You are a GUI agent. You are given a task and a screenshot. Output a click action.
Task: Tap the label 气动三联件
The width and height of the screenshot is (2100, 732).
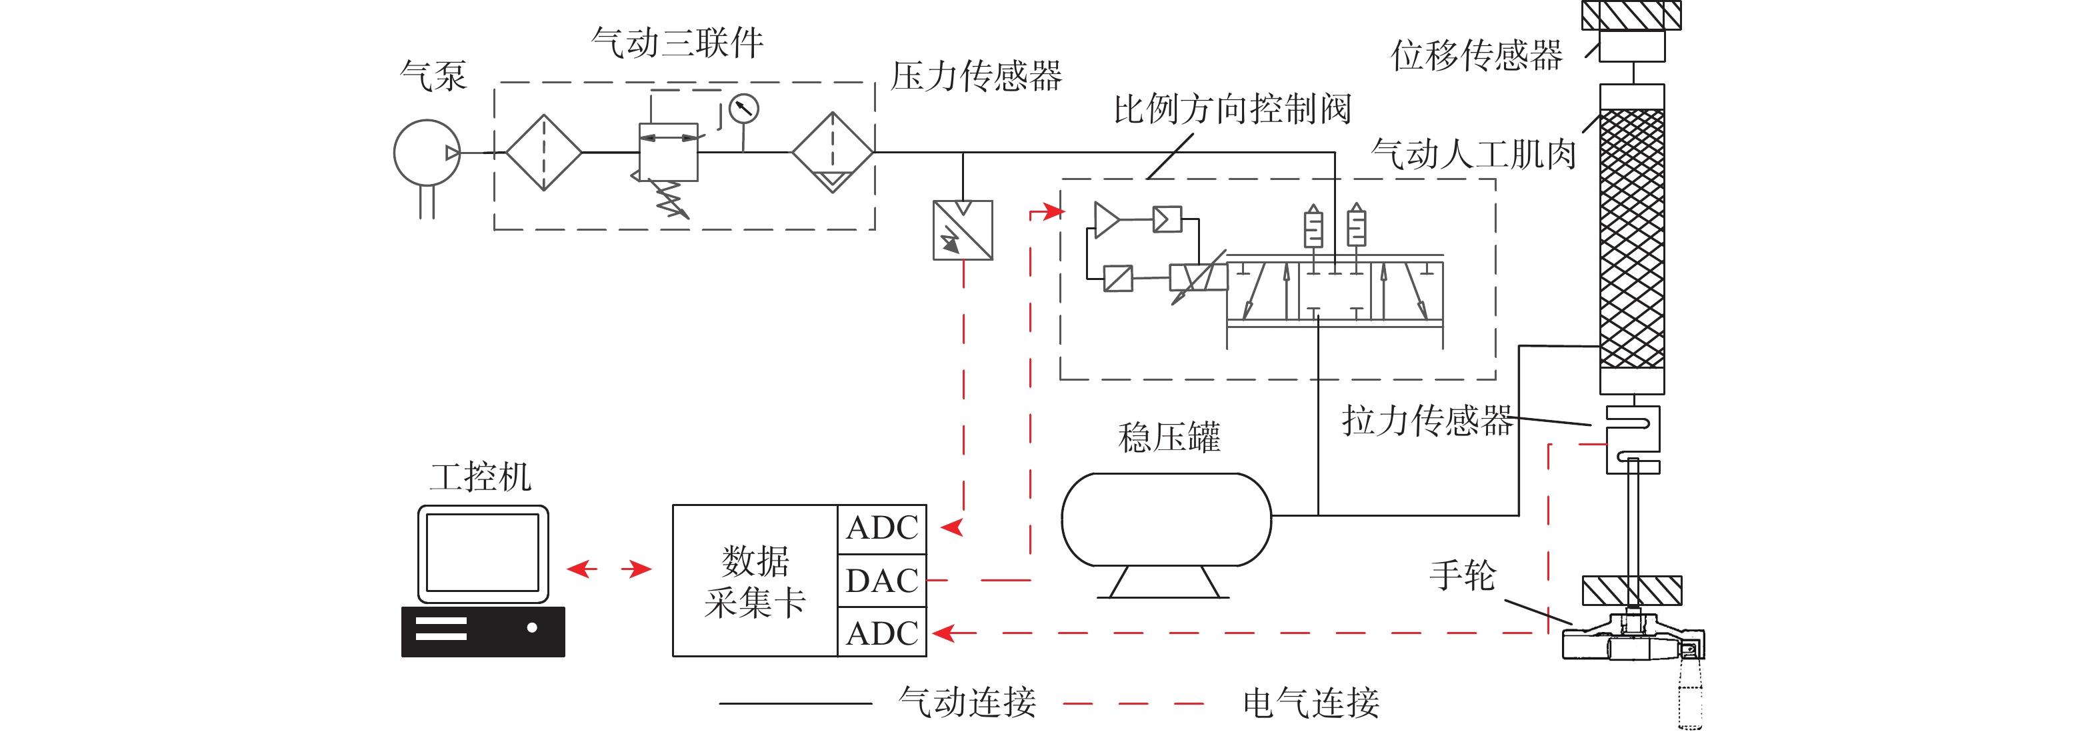(x=677, y=43)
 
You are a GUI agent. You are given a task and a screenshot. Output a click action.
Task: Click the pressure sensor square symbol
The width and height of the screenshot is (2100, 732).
(x=963, y=231)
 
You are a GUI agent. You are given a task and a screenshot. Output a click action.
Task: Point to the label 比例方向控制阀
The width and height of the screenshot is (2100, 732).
(x=1232, y=109)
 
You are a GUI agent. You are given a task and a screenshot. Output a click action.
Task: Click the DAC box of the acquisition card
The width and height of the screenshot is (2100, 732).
(x=882, y=581)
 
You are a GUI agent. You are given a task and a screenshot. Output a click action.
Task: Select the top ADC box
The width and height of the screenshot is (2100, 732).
(x=882, y=528)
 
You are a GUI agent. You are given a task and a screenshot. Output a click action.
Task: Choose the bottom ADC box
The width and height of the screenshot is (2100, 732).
(x=882, y=633)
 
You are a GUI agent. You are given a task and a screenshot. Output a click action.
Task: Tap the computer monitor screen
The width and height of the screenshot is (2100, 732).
(x=483, y=553)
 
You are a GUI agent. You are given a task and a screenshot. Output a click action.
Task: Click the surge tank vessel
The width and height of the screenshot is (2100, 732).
(x=1166, y=520)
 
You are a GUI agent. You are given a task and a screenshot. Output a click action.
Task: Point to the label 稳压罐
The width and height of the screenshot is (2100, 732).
(x=1169, y=438)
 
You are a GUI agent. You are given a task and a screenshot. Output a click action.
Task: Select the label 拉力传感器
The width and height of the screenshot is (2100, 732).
(x=1427, y=421)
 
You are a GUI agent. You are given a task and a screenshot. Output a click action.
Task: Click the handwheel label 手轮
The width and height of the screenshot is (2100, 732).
(x=1463, y=575)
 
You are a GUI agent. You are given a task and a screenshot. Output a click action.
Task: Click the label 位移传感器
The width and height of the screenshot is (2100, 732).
(x=1477, y=55)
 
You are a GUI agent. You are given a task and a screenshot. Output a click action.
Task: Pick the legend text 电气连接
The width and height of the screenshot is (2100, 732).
(x=1311, y=703)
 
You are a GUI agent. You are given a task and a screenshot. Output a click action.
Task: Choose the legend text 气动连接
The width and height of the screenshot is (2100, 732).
(x=967, y=702)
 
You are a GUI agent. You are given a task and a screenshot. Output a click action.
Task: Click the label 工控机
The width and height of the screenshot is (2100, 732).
(x=481, y=477)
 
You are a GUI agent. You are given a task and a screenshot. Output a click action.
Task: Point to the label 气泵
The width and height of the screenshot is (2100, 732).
(x=433, y=76)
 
